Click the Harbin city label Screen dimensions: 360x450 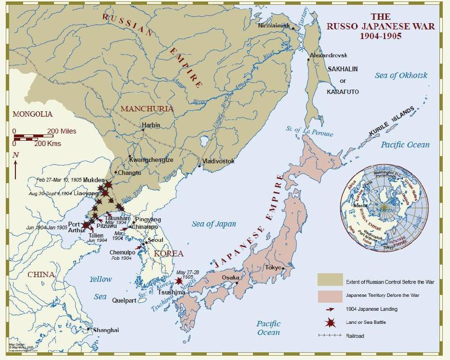pos(151,125)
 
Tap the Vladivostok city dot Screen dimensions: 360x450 pos(199,166)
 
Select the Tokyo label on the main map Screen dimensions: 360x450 pos(273,267)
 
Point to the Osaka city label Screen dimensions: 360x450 pos(230,278)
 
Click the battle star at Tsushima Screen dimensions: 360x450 pos(179,280)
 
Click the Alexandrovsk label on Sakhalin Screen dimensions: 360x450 pos(329,56)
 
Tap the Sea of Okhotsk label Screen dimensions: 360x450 pos(401,75)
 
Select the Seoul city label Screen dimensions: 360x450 pos(155,240)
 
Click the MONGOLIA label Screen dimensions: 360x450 pos(32,114)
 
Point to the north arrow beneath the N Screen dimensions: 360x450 pos(15,170)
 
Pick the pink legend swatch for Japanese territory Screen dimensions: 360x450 pos(330,295)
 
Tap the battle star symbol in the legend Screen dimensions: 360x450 pos(330,322)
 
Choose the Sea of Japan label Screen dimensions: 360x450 pos(214,224)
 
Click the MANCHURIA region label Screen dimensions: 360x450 pos(147,108)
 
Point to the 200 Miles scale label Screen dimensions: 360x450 pos(62,131)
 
